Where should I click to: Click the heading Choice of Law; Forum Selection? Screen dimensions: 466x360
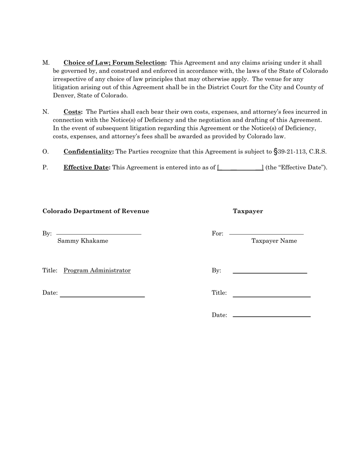click(x=115, y=63)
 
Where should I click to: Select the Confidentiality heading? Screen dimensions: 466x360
click(x=88, y=152)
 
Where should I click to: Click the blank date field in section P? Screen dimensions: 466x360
click(x=240, y=167)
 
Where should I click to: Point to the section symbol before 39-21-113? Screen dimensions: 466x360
click(x=275, y=152)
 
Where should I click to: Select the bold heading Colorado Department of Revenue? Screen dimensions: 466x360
click(x=96, y=211)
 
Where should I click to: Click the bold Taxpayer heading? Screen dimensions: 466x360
click(x=248, y=211)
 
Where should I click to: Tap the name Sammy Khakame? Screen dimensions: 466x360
click(x=83, y=241)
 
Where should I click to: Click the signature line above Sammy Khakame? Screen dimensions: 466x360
click(x=99, y=235)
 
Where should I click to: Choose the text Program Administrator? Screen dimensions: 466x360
click(x=97, y=271)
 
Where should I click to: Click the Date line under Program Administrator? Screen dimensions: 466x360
click(x=102, y=297)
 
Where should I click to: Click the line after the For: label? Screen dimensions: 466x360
click(x=266, y=235)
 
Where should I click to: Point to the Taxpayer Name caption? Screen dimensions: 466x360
click(x=274, y=241)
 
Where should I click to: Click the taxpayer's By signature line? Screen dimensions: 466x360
click(x=270, y=273)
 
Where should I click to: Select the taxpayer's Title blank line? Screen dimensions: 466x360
click(x=272, y=297)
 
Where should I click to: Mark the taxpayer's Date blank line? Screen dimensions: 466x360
click(x=272, y=316)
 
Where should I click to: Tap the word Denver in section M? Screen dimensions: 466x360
click(x=64, y=95)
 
